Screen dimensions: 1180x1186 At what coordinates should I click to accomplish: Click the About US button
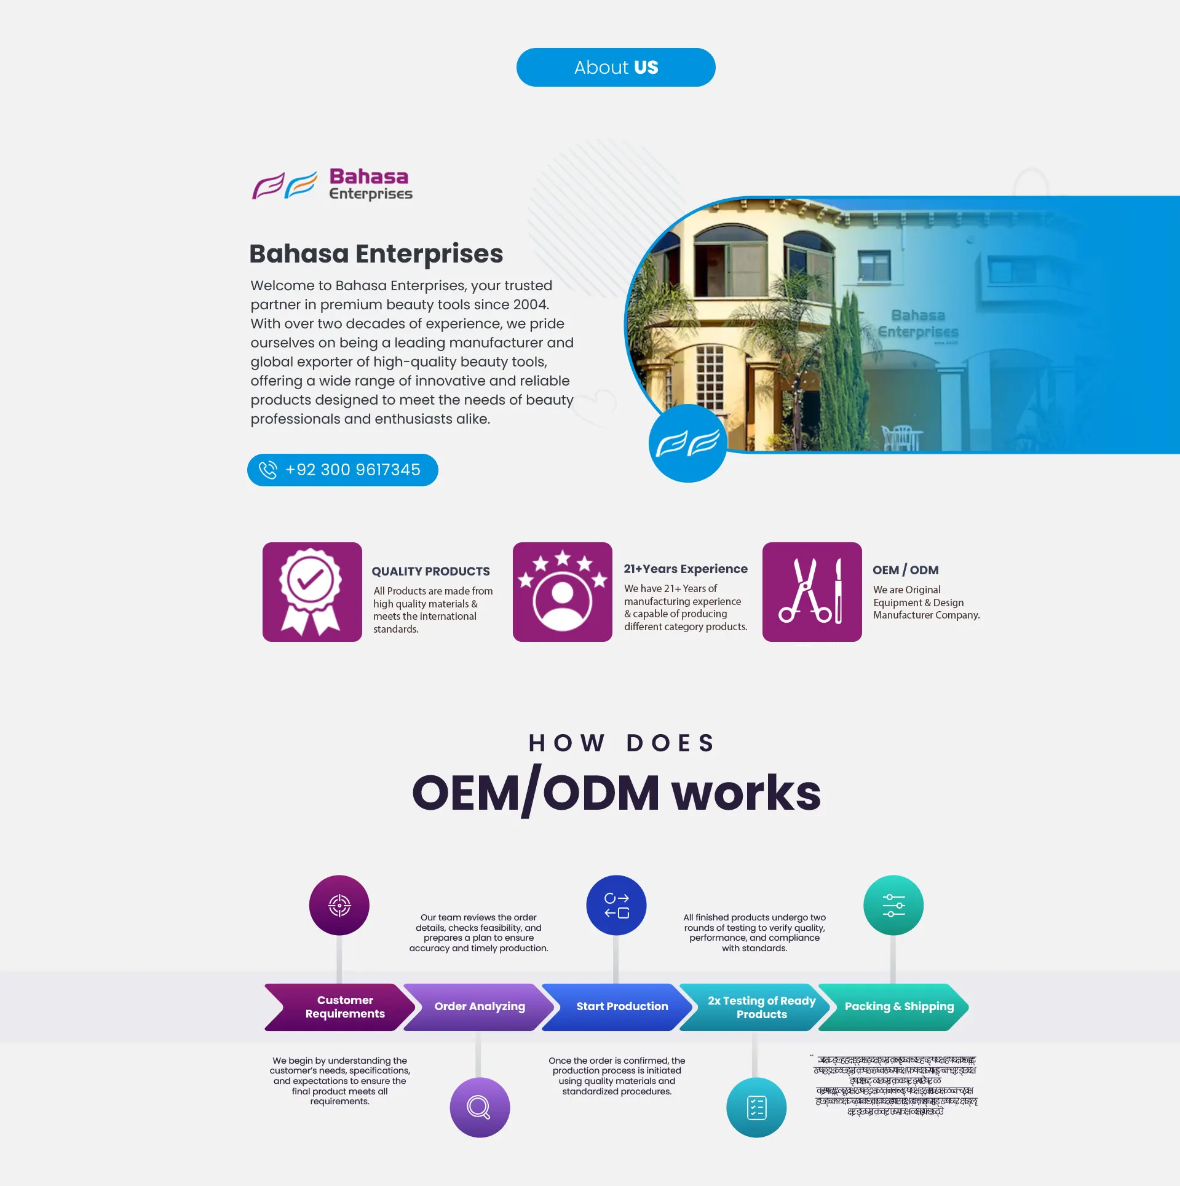[616, 67]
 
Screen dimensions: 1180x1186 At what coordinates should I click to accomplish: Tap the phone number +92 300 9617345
[353, 470]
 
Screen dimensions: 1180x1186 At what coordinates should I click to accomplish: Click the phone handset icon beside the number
[268, 470]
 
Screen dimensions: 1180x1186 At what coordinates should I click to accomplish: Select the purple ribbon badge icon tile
[312, 591]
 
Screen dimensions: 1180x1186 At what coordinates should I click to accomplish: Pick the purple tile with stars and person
[562, 591]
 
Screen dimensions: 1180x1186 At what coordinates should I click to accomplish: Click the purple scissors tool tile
[812, 591]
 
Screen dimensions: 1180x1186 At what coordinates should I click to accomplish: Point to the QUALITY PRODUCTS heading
[430, 571]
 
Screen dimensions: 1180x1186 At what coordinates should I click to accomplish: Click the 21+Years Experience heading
[685, 569]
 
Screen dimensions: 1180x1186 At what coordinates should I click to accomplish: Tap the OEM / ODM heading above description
[905, 570]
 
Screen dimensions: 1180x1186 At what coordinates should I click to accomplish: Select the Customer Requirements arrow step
[344, 1007]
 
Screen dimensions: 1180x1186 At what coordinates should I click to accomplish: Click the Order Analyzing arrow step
[480, 1006]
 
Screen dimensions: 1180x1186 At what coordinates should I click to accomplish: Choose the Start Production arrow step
[622, 1006]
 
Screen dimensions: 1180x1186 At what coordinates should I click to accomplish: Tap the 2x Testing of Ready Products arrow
[761, 1007]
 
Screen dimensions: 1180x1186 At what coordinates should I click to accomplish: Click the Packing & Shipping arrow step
[898, 1006]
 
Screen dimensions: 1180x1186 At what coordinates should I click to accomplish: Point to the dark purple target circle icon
[339, 905]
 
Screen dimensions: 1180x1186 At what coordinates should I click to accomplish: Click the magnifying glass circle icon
[480, 1107]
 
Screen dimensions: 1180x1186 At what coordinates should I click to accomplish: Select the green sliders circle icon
[893, 905]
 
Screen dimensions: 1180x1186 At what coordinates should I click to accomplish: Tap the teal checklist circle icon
[756, 1107]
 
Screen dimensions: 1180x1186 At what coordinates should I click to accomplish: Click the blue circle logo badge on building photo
[687, 443]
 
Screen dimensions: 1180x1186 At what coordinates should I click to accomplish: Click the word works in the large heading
[746, 793]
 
